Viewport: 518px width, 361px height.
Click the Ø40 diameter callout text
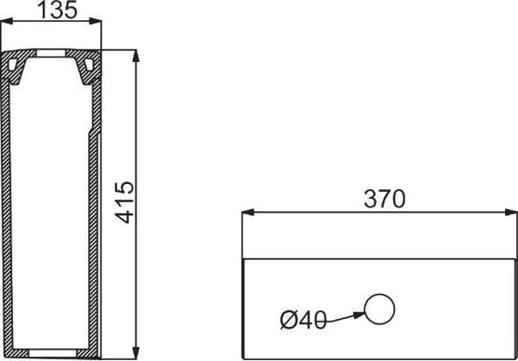303,321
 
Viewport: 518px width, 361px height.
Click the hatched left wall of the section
8,218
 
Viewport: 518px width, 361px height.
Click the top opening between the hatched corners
52,58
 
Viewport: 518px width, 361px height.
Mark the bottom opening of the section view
53,352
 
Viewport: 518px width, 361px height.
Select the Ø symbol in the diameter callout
289,321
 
